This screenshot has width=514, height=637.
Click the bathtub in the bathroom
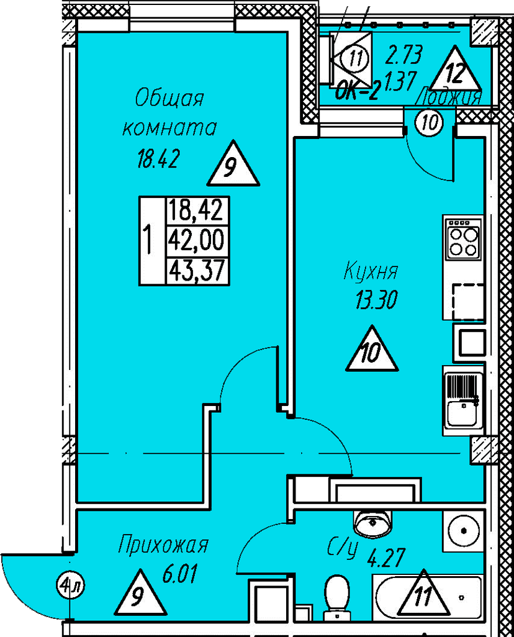click(x=427, y=597)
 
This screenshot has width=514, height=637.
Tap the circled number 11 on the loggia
click(x=355, y=60)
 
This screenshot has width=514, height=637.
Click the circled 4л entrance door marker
click(x=71, y=585)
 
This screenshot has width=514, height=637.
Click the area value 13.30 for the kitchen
click(x=375, y=302)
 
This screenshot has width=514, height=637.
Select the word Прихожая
click(x=163, y=546)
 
